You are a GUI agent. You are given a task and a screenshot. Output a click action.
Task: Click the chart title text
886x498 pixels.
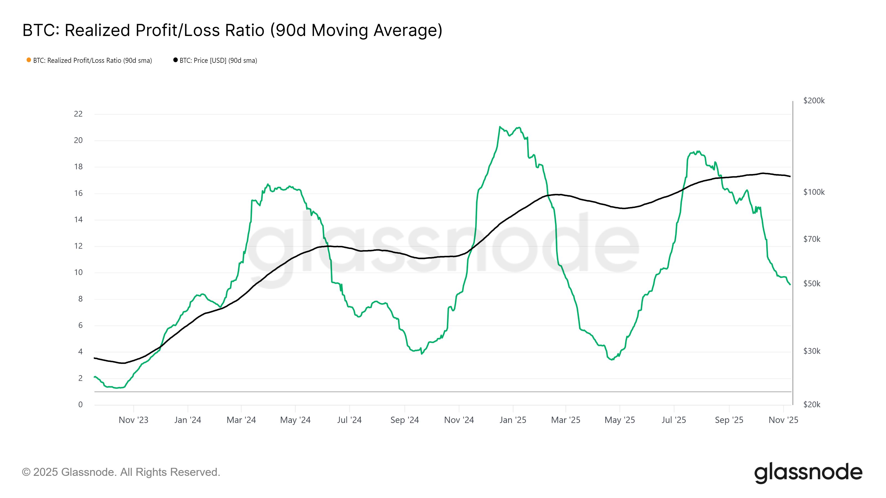[x=232, y=30]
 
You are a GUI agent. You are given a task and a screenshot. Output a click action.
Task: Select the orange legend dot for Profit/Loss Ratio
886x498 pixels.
[x=29, y=60]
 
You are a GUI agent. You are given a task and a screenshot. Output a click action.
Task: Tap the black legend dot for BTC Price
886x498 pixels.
[x=176, y=60]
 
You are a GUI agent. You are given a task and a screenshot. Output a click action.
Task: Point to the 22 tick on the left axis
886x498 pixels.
[x=78, y=114]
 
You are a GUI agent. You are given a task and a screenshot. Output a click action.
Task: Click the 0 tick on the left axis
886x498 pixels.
[x=81, y=404]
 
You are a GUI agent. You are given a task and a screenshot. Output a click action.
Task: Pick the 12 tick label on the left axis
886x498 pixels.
[x=78, y=246]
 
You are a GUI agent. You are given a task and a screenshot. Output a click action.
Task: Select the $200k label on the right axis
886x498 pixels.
[x=814, y=101]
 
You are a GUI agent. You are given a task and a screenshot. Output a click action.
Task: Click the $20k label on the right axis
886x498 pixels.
[x=812, y=404]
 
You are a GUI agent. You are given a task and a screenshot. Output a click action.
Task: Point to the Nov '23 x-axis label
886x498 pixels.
[x=133, y=420]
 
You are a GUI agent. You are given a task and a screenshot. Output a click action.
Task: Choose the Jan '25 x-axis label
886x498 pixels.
[x=513, y=420]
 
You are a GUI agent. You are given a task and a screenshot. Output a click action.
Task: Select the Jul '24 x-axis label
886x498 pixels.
[x=349, y=420]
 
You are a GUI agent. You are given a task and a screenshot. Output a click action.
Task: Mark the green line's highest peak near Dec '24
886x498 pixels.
[x=499, y=127]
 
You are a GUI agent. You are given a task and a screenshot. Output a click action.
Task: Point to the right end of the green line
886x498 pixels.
[x=790, y=285]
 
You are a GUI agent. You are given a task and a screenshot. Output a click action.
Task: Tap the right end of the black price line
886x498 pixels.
[x=790, y=176]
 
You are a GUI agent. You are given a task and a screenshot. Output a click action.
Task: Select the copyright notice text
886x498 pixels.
[x=121, y=472]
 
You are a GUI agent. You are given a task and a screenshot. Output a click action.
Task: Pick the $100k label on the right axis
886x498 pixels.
[x=814, y=192]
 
